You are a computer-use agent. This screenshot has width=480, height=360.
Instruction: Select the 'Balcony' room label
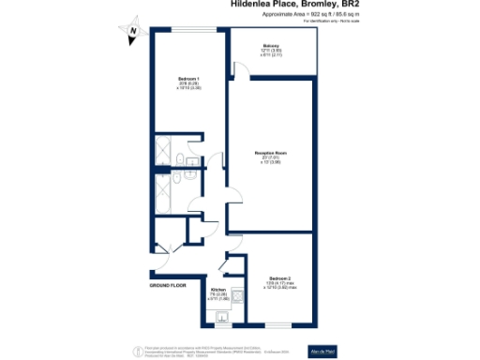[271, 45]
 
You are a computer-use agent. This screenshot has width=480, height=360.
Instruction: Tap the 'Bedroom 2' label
[280, 278]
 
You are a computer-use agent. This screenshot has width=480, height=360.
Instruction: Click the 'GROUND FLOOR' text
[170, 282]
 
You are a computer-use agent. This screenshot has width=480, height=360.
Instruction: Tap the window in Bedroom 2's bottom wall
[278, 324]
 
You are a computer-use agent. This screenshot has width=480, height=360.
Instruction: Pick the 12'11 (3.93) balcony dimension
[271, 50]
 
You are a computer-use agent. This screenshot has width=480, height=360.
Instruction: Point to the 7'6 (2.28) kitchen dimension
[217, 294]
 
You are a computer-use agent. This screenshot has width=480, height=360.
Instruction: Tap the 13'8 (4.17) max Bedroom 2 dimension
[280, 283]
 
